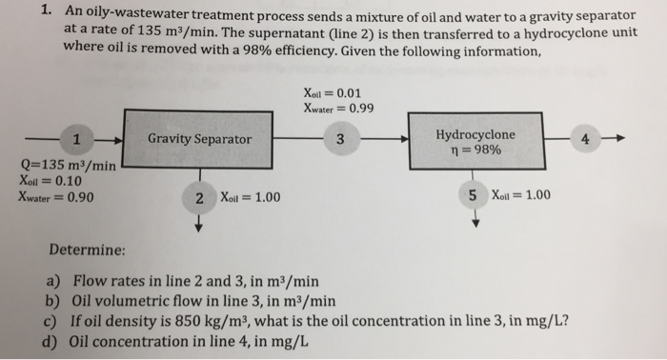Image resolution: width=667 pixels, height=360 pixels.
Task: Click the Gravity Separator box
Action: [x=198, y=139]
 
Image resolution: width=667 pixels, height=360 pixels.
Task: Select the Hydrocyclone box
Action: [x=476, y=141]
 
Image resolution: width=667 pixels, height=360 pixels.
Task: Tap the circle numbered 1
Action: [x=76, y=139]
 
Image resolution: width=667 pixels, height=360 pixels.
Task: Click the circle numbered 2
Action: [x=199, y=198]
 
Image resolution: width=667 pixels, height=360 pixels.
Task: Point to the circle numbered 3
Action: [x=341, y=139]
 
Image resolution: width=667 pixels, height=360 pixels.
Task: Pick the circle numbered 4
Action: [x=585, y=138]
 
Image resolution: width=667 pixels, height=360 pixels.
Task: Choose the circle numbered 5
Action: [x=473, y=195]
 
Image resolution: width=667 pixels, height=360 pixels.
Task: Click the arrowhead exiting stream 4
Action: [x=620, y=138]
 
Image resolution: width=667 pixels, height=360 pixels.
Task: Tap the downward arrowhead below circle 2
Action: [x=198, y=229]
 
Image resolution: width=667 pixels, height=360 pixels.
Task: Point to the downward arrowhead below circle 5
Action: [x=476, y=224]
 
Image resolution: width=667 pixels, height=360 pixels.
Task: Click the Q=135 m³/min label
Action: [x=68, y=165]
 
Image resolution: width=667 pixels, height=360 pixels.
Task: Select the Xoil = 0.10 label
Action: [x=51, y=181]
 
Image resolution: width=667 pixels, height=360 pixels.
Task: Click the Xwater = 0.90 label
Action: [x=55, y=197]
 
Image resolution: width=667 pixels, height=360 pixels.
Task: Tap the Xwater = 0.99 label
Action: [x=338, y=109]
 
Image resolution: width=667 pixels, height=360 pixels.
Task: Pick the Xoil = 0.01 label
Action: [x=333, y=93]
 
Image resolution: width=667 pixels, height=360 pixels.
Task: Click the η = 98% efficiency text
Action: [x=476, y=150]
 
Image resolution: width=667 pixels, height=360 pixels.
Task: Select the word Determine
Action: [x=88, y=250]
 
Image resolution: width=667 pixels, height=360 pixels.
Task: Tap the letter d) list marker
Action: [x=51, y=342]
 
